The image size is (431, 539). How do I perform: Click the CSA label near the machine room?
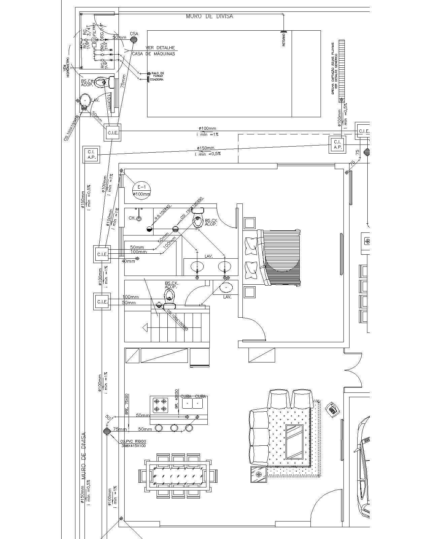coord(134,34)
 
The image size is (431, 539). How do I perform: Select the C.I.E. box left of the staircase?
coord(102,302)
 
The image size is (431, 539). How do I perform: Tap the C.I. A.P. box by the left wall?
coord(91,155)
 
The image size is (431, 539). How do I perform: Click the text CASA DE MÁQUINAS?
coord(153,54)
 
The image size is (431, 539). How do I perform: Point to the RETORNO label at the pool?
coord(284,39)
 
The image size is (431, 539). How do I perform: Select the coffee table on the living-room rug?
coord(294,442)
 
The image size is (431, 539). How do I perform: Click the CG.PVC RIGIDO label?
coord(133,441)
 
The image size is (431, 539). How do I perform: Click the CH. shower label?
coord(132,218)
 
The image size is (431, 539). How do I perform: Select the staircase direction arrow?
coord(145,327)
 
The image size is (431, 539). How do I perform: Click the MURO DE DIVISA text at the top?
coord(209,16)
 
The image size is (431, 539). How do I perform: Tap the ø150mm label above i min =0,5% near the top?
coord(205,148)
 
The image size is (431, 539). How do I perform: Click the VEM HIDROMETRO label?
coord(66,69)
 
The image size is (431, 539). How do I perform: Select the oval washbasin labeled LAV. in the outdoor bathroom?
coord(85,100)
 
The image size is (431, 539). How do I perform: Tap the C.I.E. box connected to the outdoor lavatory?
coord(112,133)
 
